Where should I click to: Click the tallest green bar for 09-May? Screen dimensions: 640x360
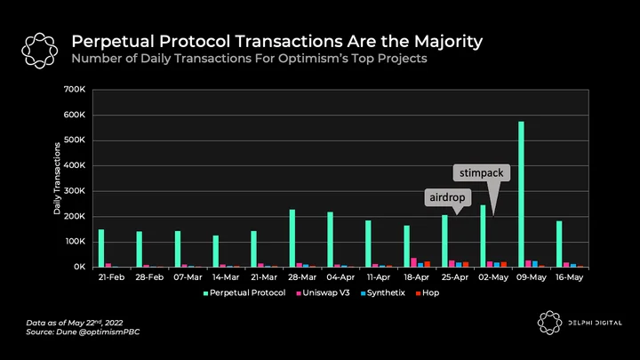coord(521,195)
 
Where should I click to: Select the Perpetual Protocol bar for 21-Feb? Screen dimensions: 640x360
coord(101,248)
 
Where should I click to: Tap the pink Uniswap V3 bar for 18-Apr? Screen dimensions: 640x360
coord(414,262)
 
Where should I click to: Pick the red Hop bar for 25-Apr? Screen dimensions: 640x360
coord(466,265)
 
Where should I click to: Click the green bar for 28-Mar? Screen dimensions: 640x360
coord(292,238)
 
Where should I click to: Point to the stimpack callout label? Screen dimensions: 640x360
coord(482,173)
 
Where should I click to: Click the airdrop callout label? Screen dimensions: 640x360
coord(447,197)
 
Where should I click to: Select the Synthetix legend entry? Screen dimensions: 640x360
coord(383,293)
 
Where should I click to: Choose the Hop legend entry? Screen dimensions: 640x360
coord(428,293)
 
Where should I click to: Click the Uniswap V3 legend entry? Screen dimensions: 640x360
coord(323,293)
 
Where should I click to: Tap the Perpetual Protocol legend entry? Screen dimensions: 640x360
coord(244,293)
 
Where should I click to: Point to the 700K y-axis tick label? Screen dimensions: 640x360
coord(75,90)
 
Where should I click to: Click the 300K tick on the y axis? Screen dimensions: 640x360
coord(75,191)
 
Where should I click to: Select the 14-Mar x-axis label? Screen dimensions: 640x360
coord(226,277)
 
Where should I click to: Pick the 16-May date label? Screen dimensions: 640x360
coord(570,277)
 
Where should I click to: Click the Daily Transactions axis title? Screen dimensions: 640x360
coord(57,179)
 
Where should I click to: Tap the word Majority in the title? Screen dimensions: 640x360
coord(449,42)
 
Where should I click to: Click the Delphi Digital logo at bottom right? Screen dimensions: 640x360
coord(549,323)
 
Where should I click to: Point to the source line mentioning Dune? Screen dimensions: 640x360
coord(83,332)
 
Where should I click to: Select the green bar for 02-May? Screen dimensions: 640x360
coord(483,236)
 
